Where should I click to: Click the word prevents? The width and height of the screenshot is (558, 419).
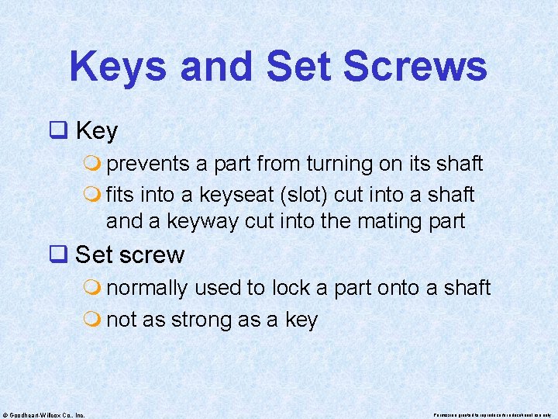click(x=149, y=164)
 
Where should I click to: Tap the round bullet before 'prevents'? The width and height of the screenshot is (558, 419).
click(x=95, y=164)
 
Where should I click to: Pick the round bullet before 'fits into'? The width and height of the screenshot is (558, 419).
click(x=95, y=194)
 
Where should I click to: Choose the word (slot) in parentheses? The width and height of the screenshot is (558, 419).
click(x=314, y=194)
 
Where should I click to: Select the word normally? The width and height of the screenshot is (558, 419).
click(x=146, y=288)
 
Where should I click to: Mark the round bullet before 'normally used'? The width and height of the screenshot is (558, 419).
click(x=95, y=288)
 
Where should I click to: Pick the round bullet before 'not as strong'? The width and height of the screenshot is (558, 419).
click(x=95, y=320)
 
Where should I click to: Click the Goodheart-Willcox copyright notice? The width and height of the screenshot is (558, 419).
click(x=43, y=414)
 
